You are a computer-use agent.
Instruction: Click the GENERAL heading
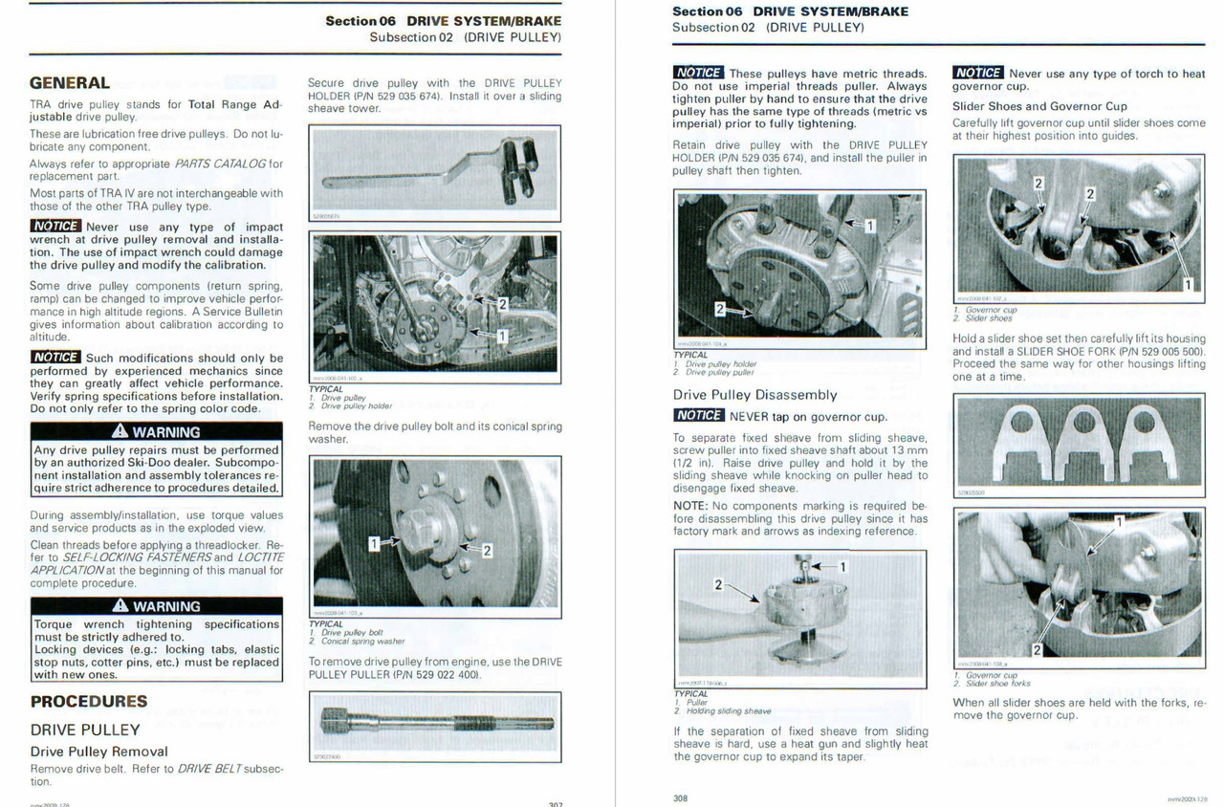pyautogui.click(x=70, y=83)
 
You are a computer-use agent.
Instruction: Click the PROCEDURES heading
pyautogui.click(x=89, y=701)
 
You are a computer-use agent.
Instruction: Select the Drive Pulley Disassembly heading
pyautogui.click(x=754, y=395)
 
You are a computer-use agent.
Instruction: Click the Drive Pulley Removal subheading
pyautogui.click(x=98, y=752)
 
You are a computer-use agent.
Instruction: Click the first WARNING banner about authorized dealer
pyautogui.click(x=156, y=432)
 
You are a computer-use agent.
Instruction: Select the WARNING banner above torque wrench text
pyautogui.click(x=156, y=606)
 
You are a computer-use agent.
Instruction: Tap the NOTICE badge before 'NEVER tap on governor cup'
pyautogui.click(x=698, y=416)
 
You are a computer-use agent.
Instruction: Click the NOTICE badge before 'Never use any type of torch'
pyautogui.click(x=977, y=73)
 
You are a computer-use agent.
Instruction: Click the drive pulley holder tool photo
pyautogui.click(x=434, y=172)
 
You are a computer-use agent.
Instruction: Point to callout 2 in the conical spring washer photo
pyautogui.click(x=487, y=550)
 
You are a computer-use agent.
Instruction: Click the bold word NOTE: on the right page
pyautogui.click(x=689, y=505)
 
